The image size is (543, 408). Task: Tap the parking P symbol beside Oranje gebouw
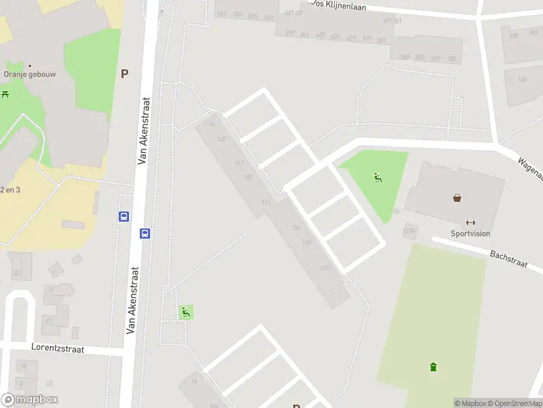[124, 74]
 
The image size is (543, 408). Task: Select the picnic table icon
[5, 94]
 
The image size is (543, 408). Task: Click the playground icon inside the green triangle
[377, 178]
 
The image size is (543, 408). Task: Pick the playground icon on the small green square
[185, 312]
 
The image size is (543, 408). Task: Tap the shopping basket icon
[458, 198]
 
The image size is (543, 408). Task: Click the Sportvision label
[469, 233]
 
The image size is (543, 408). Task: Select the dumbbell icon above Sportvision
[470, 222]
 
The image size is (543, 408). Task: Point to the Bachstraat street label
[509, 258]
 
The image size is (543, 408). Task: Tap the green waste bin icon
[433, 368]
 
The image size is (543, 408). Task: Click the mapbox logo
[29, 400]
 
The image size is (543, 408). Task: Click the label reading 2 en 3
[10, 189]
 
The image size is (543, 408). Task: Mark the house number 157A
[409, 231]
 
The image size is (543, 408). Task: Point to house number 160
[522, 80]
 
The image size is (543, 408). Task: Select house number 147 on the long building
[239, 163]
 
